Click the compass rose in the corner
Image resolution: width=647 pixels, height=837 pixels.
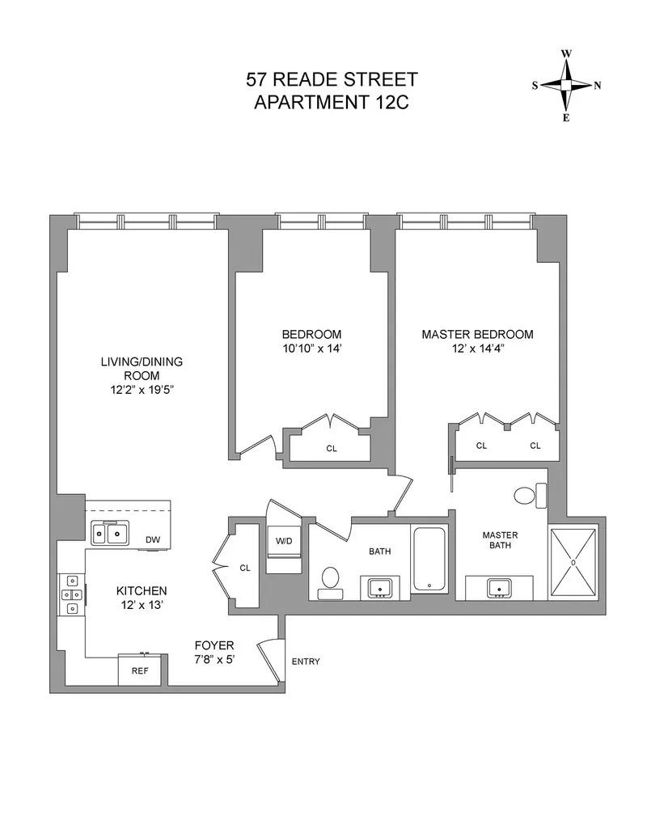tap(566, 85)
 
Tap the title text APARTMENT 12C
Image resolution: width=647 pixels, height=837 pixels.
tap(332, 103)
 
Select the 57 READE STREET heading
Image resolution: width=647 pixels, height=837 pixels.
tap(332, 80)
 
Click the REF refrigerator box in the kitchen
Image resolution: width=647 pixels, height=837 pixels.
tap(140, 670)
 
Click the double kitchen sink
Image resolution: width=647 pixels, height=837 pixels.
tap(110, 533)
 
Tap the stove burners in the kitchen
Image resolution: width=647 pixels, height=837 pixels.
tap(70, 596)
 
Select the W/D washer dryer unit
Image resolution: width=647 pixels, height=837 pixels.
tap(285, 541)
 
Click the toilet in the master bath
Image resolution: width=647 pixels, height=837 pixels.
tap(533, 494)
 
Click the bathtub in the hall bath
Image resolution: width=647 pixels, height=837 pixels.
tap(429, 559)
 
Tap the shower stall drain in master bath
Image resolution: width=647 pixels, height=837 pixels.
tap(573, 561)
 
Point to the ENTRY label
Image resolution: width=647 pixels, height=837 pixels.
tap(305, 662)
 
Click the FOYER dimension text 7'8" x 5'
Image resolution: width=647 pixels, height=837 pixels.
tap(214, 660)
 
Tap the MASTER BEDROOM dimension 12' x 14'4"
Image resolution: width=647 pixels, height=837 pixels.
tap(476, 349)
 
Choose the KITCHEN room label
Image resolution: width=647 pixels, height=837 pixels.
tap(141, 590)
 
